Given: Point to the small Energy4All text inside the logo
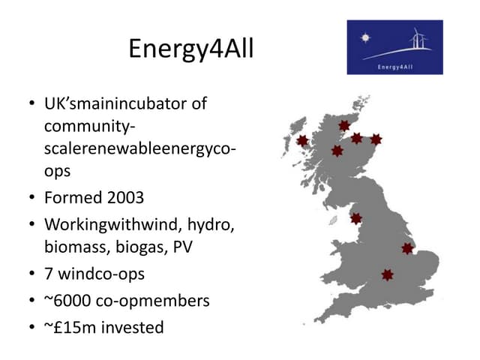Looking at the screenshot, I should [x=394, y=66].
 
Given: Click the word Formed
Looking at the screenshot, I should [x=75, y=198].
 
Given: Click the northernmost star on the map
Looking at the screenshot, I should [x=344, y=125].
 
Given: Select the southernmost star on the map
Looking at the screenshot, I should [x=387, y=275].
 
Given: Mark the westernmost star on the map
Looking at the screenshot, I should [x=302, y=140].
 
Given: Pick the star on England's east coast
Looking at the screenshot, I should [x=407, y=248].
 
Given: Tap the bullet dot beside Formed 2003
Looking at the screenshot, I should [x=31, y=199].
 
